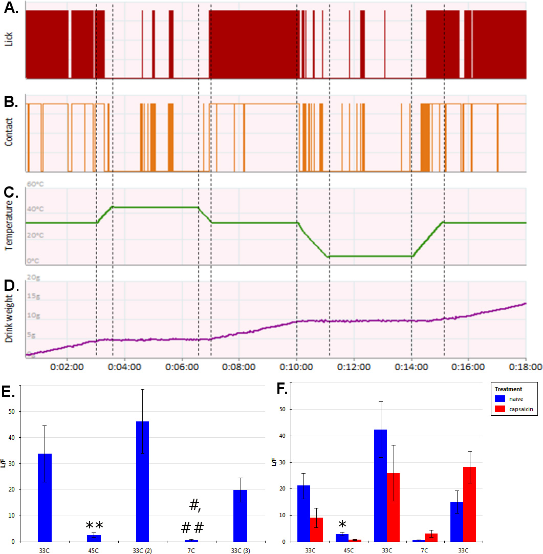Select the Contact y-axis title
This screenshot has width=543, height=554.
coord(8,132)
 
